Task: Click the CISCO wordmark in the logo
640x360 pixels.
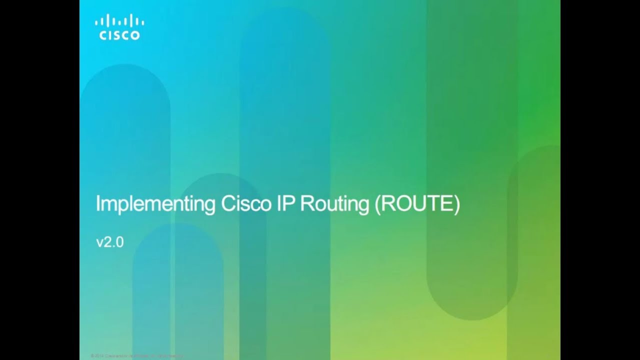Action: point(119,35)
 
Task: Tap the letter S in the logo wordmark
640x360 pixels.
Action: point(116,35)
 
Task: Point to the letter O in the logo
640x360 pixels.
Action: point(135,35)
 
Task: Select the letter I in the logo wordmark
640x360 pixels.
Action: point(109,35)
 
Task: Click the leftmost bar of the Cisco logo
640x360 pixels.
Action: point(96,22)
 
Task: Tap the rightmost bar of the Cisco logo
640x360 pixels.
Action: point(143,22)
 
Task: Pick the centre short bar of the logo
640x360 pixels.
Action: point(119,22)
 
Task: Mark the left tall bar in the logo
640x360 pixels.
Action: point(107,20)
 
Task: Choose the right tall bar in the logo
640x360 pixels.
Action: point(131,20)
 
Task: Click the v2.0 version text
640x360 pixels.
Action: point(109,242)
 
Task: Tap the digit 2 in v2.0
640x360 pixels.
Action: point(108,242)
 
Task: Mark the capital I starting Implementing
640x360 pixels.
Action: point(97,204)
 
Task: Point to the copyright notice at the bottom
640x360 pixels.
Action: point(137,355)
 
